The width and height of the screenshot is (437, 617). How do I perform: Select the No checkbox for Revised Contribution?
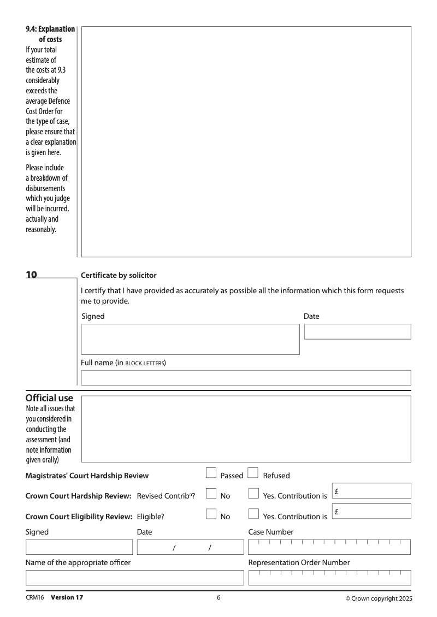(211, 494)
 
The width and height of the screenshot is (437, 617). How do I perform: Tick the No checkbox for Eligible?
(211, 514)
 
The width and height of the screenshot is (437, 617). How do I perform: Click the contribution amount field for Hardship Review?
(371, 491)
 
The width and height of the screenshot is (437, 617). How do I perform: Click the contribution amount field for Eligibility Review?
(371, 512)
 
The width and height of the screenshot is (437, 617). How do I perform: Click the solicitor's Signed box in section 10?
(190, 339)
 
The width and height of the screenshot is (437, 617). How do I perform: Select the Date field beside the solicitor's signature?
(357, 331)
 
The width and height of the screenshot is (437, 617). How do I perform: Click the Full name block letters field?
(246, 378)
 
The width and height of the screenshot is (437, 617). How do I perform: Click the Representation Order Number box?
(329, 578)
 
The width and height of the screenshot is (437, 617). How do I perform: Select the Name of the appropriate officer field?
(135, 578)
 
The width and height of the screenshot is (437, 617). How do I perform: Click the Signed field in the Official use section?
(79, 547)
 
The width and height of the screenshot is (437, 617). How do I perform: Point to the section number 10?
(32, 275)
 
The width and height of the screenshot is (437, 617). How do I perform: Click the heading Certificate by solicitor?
(119, 275)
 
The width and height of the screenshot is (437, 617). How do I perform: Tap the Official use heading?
(49, 399)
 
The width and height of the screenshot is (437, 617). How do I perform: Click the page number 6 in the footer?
(218, 598)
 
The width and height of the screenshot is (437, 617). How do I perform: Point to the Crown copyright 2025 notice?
(379, 598)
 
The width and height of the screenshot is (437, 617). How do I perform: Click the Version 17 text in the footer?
(67, 598)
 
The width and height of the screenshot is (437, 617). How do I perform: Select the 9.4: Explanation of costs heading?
(50, 34)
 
